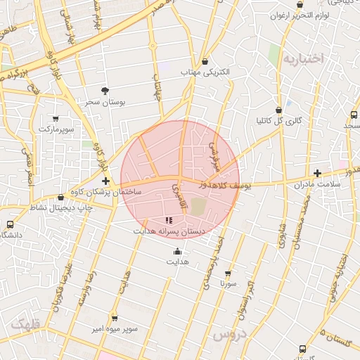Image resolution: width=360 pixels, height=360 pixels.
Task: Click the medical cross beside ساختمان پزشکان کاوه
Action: tap(105, 181)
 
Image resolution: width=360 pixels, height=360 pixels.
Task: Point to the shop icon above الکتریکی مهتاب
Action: tap(205, 61)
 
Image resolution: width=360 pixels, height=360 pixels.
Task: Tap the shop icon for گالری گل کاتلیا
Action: tap(279, 110)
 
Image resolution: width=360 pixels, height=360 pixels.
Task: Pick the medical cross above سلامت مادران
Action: tap(317, 172)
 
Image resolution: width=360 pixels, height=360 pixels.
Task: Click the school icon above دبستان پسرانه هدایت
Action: tap(168, 220)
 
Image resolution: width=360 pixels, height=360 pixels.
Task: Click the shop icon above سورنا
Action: tap(227, 273)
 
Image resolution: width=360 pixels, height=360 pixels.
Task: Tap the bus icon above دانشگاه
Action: tap(10, 224)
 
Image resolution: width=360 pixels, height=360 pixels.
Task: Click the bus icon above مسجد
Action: tap(354, 114)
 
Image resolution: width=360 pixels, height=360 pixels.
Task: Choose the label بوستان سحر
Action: tap(105, 102)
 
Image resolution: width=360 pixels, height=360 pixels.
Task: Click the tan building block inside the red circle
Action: tap(199, 207)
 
